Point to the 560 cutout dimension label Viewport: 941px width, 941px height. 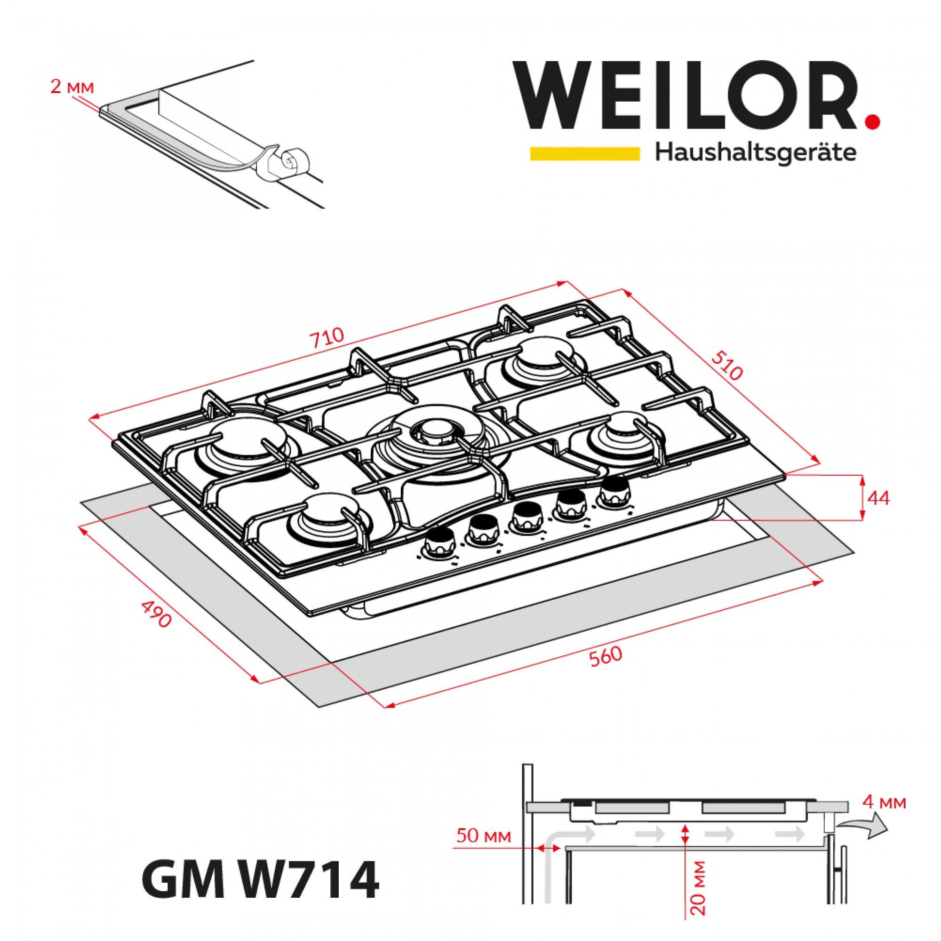point(606,656)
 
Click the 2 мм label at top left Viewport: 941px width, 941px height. point(72,88)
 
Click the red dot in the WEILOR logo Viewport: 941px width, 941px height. point(873,122)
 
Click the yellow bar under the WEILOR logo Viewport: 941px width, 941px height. point(584,153)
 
